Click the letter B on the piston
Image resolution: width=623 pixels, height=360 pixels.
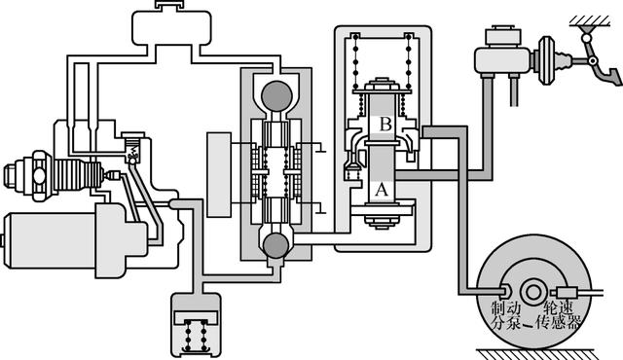tap(385, 124)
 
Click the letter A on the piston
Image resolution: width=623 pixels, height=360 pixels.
tap(382, 190)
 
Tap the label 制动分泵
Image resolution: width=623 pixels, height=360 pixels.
tap(506, 314)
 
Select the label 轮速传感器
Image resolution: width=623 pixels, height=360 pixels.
tap(558, 314)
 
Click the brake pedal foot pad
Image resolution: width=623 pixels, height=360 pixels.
tap(614, 77)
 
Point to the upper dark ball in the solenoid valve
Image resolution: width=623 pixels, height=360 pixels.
tap(276, 96)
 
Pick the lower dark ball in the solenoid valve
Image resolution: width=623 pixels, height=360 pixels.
tap(275, 245)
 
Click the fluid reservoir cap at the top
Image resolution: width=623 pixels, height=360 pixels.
tap(169, 5)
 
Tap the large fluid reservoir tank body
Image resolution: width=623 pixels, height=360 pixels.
tap(171, 28)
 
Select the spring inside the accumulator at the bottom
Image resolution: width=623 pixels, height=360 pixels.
tap(195, 334)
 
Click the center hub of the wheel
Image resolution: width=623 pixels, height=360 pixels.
tap(533, 292)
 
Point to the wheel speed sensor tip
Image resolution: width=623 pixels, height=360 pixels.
tap(566, 293)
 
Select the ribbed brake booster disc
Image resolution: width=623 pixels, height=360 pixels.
tap(546, 60)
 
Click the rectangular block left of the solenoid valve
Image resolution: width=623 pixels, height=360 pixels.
tap(219, 174)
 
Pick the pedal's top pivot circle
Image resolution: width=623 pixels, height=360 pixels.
tap(586, 39)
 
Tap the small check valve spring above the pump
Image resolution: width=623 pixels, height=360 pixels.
tap(133, 151)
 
